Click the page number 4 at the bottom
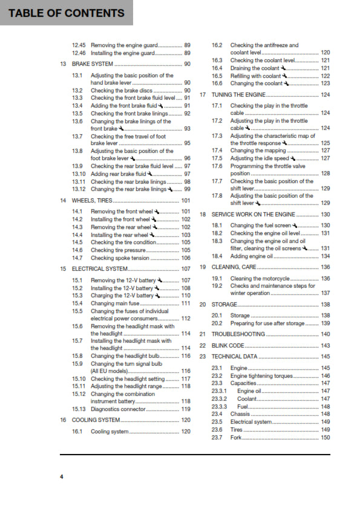click(x=61, y=478)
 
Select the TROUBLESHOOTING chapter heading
click(x=238, y=334)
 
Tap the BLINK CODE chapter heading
click(x=228, y=345)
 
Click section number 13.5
click(x=77, y=113)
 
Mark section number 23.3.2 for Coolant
click(x=219, y=399)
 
